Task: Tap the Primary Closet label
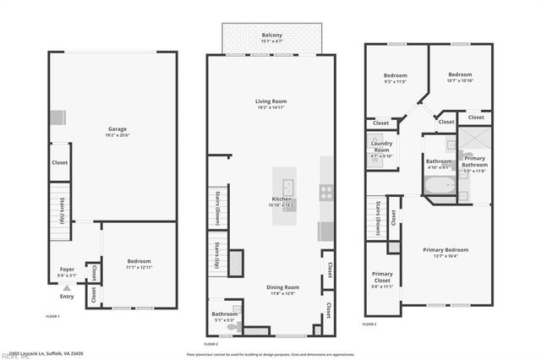coord(383,276)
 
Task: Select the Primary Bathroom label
coord(474,161)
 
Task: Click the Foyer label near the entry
coord(66,271)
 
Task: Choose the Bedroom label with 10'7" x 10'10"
coord(460,76)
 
